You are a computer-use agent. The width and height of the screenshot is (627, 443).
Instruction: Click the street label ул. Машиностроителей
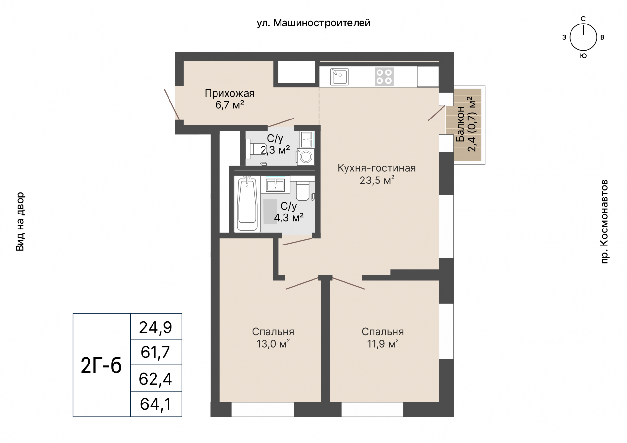(x=313, y=23)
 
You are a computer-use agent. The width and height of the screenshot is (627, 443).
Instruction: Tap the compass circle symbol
(x=583, y=38)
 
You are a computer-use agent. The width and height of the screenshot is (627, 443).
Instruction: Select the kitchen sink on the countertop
(x=339, y=76)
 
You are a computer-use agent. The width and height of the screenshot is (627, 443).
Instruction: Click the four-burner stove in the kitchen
(x=384, y=76)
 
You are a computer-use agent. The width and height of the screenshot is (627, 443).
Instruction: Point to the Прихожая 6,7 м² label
(x=230, y=99)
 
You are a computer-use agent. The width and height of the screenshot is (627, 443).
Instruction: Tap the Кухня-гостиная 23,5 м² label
(x=377, y=174)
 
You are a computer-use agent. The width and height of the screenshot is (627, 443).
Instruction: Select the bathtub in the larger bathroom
(x=247, y=204)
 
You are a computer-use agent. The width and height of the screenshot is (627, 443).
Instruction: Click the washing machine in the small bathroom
(x=306, y=156)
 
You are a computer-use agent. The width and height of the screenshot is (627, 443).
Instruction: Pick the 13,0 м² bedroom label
(x=273, y=338)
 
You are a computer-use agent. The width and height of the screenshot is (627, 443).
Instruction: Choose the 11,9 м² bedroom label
(x=383, y=338)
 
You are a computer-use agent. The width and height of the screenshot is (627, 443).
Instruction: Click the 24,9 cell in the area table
(x=156, y=327)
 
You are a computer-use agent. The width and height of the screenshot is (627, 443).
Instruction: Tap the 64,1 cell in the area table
(x=156, y=404)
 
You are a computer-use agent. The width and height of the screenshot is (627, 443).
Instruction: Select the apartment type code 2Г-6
(x=101, y=365)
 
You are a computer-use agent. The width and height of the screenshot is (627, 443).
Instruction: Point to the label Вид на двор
(x=20, y=222)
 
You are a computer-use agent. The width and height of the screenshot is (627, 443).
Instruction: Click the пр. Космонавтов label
(x=604, y=221)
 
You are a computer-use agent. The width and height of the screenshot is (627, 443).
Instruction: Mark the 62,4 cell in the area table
(x=156, y=379)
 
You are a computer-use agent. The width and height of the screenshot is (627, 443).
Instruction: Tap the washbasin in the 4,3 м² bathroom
(x=275, y=185)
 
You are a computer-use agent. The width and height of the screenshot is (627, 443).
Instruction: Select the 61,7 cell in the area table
(x=156, y=352)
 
